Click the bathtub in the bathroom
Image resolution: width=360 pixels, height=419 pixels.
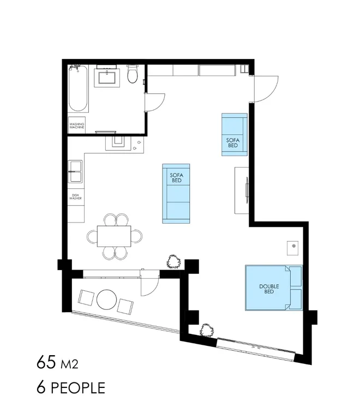(78, 89)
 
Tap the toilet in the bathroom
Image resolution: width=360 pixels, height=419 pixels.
(132, 74)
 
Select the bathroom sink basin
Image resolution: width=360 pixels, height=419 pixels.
(107, 77)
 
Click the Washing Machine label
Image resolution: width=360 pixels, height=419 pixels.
(77, 125)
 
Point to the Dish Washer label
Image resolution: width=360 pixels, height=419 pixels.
(75, 196)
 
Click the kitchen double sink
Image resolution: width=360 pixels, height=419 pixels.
(75, 171)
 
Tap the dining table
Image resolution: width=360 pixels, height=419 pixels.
(114, 236)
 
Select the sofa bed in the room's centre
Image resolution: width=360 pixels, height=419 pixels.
(176, 194)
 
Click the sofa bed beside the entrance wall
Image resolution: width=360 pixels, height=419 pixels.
(235, 134)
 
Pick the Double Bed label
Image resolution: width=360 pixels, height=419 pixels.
(269, 289)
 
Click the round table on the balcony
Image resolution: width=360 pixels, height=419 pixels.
(106, 300)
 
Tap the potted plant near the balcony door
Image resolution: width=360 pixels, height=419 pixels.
(174, 261)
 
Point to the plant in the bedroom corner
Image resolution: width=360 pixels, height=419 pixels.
(207, 331)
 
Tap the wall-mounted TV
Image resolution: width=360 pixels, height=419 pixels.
(247, 190)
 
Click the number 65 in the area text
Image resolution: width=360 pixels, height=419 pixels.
(46, 363)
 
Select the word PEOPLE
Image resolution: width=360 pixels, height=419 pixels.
(78, 388)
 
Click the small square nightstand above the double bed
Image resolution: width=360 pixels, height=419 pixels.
(293, 248)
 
